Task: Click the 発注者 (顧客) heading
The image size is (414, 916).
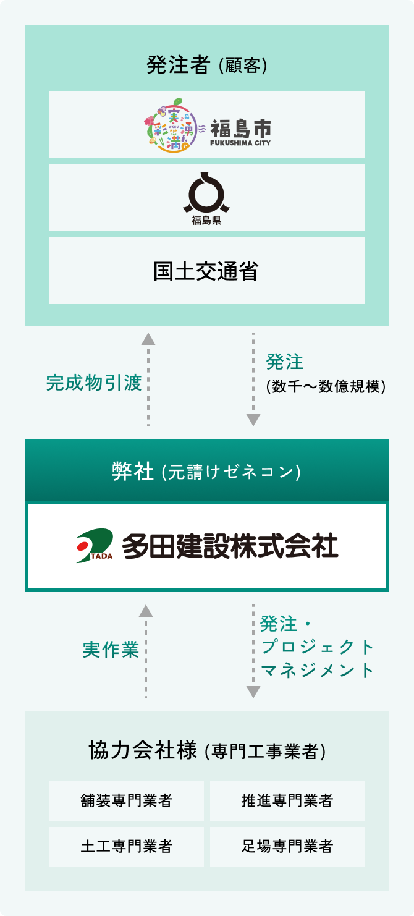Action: pos(206,65)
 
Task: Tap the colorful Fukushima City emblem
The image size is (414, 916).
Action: pos(171,125)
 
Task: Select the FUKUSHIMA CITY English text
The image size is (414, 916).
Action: pos(240,143)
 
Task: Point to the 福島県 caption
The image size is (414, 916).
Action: pos(206,220)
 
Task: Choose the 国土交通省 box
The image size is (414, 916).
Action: pos(206,271)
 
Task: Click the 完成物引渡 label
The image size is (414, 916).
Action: pos(94,383)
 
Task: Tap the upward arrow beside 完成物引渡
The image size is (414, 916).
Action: pos(148,380)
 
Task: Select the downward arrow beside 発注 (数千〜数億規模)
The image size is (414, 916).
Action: pos(253,380)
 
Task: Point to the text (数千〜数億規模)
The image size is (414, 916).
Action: pos(326,386)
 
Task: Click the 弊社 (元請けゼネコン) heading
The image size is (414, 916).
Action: pos(206,472)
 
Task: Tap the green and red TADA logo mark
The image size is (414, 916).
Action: pos(95,546)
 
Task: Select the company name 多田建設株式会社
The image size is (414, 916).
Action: pos(230,546)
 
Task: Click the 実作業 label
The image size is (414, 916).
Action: pos(111,650)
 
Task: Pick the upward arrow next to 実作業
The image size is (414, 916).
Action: pos(146,651)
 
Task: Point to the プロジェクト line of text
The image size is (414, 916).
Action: pos(318,647)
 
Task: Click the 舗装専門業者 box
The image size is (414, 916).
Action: pos(127,801)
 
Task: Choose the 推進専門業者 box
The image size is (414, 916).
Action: pos(287,801)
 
